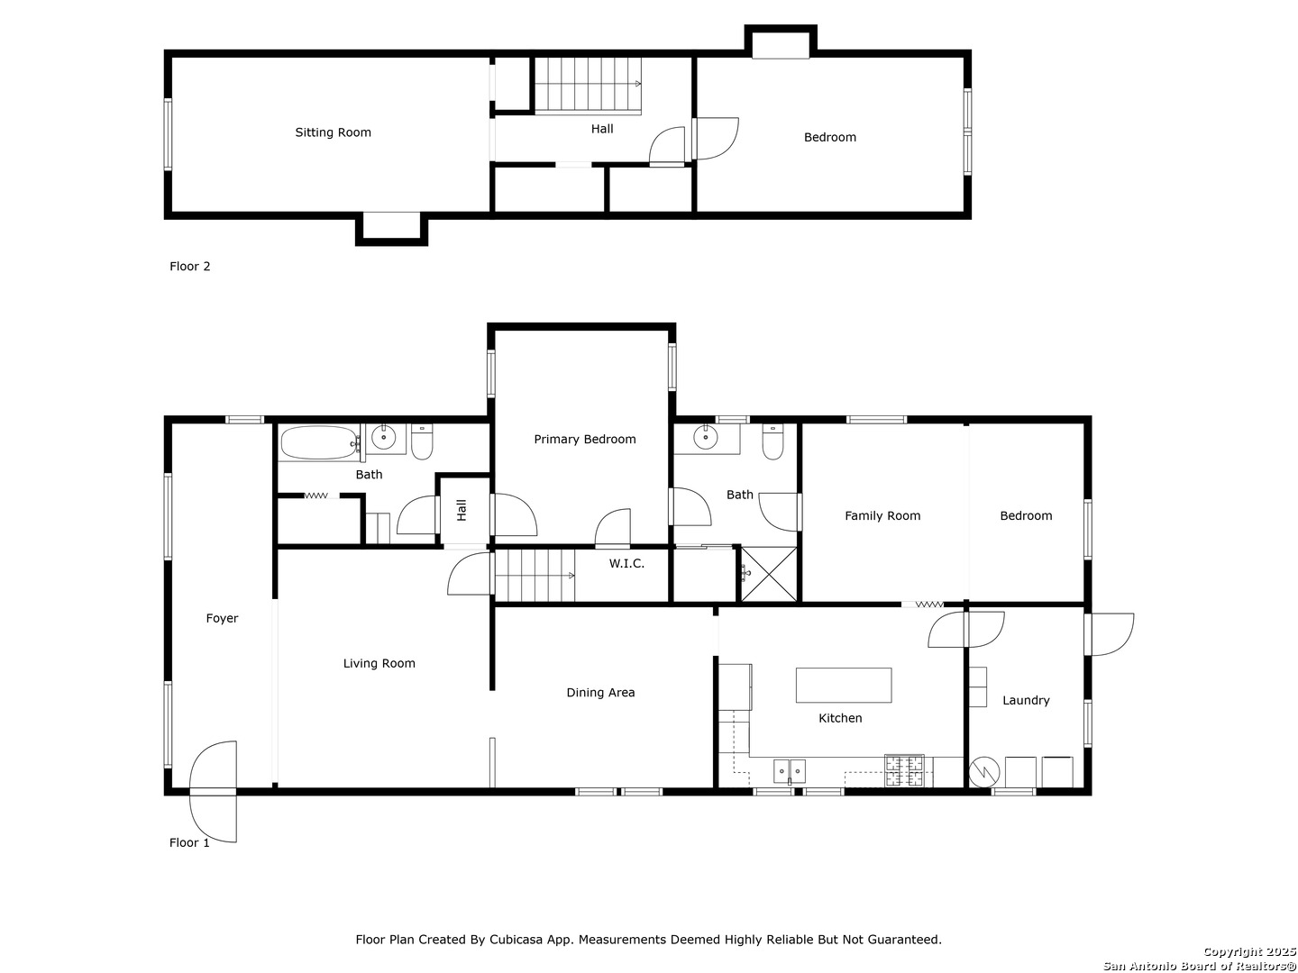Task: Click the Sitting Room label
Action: click(333, 132)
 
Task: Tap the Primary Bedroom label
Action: click(584, 439)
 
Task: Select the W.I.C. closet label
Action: click(626, 563)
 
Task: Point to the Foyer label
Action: click(222, 618)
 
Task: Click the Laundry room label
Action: click(1026, 700)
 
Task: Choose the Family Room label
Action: click(882, 515)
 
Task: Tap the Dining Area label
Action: click(600, 693)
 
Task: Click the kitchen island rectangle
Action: click(844, 685)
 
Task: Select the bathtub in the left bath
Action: click(319, 442)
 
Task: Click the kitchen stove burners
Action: click(903, 770)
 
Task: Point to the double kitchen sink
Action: click(790, 770)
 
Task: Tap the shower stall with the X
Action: click(769, 574)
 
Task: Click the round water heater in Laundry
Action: click(984, 771)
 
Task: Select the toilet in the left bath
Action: click(422, 441)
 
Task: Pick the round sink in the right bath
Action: click(706, 437)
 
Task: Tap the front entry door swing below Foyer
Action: click(213, 791)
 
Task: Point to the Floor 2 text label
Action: click(190, 267)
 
